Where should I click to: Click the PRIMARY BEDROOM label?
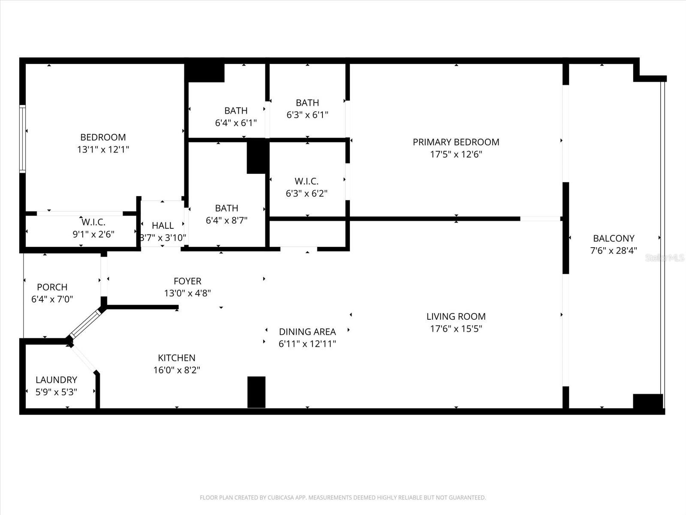coord(456,142)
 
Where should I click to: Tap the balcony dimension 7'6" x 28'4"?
coord(614,251)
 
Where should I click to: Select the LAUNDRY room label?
coord(56,380)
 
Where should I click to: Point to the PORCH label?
coord(52,287)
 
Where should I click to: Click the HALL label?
coord(162,225)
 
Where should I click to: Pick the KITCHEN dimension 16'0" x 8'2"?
coord(177,370)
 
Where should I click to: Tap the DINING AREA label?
coord(307,332)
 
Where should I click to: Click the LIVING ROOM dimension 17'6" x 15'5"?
coord(456,329)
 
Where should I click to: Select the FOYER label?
coord(187,281)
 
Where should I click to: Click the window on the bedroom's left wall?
coord(22,139)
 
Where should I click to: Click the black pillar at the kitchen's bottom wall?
coord(256,392)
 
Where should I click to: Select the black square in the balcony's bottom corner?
coord(647,401)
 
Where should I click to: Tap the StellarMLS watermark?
coord(665,258)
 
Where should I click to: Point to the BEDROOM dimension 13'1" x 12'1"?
coord(103,150)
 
